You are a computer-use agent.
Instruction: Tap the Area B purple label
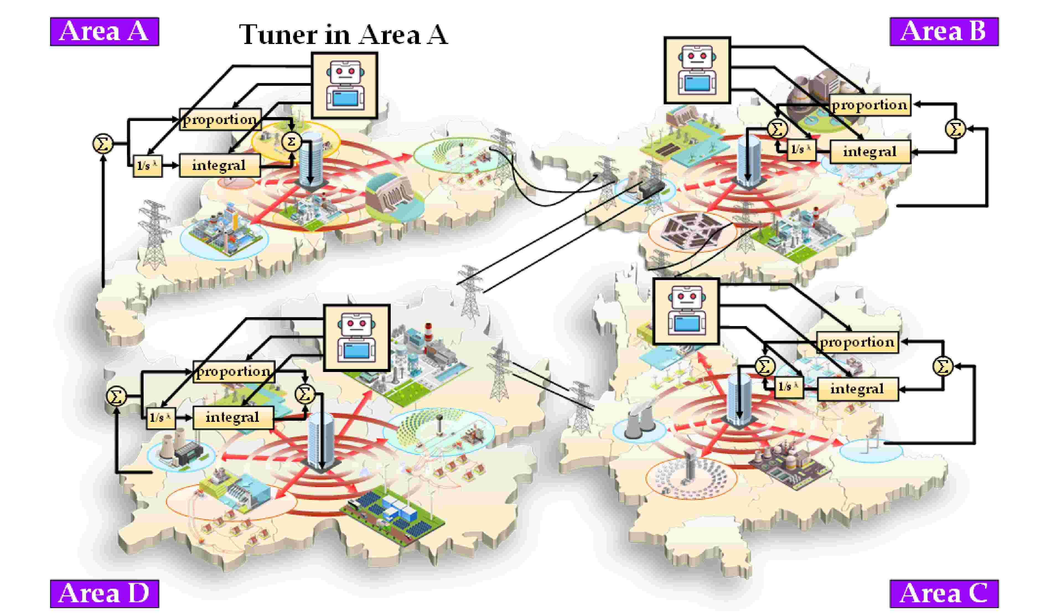click(x=944, y=32)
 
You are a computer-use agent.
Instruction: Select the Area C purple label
click(x=944, y=593)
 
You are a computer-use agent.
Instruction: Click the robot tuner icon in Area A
click(x=345, y=85)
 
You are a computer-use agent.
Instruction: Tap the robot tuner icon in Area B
click(x=697, y=70)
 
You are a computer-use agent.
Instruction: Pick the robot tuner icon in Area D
click(x=356, y=338)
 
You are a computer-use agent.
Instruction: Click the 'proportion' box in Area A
click(x=220, y=120)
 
